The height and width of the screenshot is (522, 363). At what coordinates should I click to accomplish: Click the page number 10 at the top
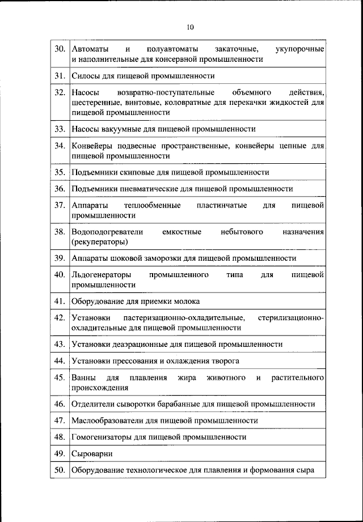190,27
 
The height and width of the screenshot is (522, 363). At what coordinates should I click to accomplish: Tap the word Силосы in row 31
85,75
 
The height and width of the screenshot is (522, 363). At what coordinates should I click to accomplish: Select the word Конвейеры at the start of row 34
92,145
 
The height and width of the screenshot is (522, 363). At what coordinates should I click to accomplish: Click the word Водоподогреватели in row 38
107,232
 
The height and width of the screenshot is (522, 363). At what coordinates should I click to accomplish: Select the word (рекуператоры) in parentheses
99,241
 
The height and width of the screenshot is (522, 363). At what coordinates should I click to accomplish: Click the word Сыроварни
92,454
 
